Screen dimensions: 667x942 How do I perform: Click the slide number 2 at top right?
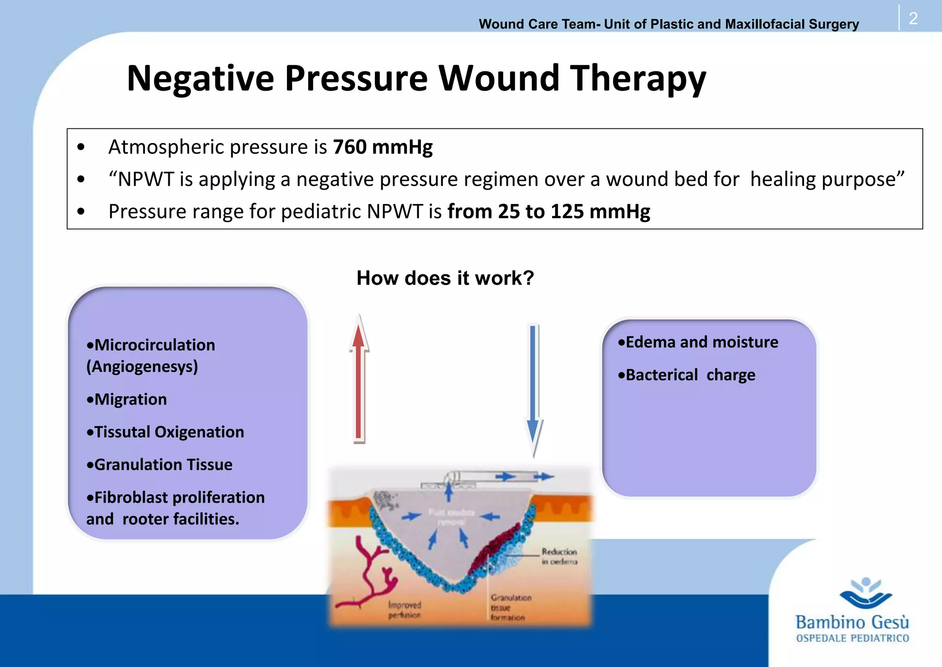click(913, 18)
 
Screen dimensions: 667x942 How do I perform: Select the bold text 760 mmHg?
click(382, 147)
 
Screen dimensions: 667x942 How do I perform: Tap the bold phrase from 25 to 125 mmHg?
click(549, 212)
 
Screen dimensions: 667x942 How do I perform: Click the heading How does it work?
click(445, 278)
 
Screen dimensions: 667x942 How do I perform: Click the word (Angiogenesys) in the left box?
click(142, 367)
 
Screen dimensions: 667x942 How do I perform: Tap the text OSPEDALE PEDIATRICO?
click(852, 638)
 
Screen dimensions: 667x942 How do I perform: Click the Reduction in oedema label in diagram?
click(559, 557)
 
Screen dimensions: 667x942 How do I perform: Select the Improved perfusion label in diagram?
click(404, 610)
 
